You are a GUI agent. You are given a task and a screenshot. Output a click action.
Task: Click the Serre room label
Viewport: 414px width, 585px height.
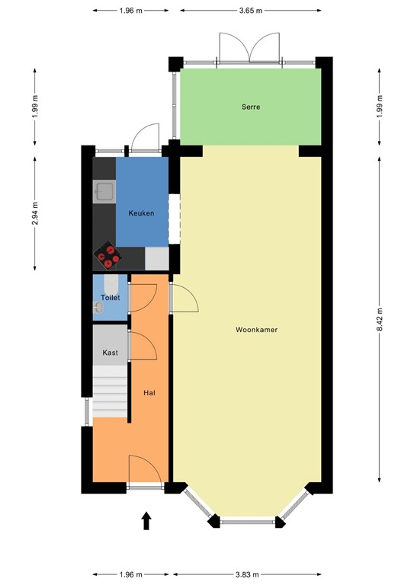pos(250,107)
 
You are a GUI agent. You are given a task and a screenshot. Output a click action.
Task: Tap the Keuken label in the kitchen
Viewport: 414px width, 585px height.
pos(141,213)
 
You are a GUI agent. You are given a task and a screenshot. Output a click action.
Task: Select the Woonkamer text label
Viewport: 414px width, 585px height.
pos(255,331)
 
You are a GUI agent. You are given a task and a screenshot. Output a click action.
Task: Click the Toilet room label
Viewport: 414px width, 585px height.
pos(111,298)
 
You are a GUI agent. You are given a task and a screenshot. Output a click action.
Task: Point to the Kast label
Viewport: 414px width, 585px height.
pos(111,353)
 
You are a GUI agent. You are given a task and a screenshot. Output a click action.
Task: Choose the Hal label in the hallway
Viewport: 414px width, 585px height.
pos(149,393)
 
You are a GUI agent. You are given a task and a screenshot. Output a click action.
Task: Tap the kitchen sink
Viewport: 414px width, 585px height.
pos(104,190)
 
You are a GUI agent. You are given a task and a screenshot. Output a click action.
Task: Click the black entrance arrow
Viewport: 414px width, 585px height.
pos(146,520)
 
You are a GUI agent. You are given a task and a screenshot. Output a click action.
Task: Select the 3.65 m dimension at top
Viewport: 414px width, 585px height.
pos(250,11)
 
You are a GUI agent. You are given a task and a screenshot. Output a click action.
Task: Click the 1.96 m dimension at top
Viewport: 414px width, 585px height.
pos(131,11)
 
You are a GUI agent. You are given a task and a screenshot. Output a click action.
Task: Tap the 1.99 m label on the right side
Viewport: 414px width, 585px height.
pos(380,107)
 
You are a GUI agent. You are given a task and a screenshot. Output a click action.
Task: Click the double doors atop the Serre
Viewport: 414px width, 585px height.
pos(250,48)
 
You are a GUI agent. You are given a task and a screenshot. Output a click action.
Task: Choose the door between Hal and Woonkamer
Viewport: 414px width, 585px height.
pos(184,297)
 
